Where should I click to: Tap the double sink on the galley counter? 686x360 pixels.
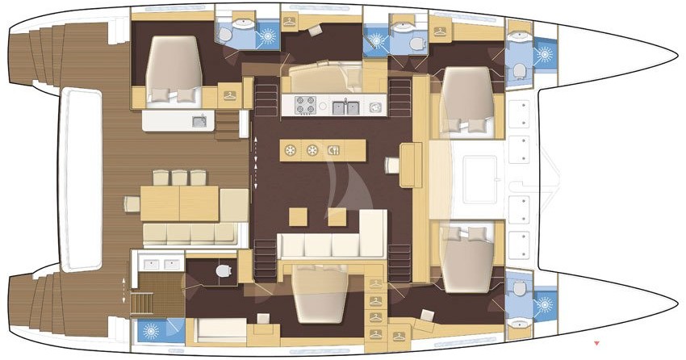[x=346, y=106]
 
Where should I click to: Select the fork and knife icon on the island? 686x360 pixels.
[x=334, y=149]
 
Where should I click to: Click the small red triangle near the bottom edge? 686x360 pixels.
[x=596, y=344]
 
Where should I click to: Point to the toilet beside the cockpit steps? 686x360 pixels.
[x=224, y=272]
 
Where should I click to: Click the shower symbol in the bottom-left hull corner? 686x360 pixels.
[x=151, y=330]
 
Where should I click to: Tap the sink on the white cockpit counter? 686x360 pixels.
[x=198, y=122]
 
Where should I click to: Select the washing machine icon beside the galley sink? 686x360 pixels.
[x=374, y=107]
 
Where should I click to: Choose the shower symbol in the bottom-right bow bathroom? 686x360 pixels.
[x=545, y=303]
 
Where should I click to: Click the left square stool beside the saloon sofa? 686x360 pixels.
[x=298, y=216]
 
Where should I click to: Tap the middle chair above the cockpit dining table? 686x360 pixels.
[x=178, y=177]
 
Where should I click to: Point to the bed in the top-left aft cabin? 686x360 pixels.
[x=171, y=71]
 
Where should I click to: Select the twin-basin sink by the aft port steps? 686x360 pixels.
[x=158, y=264]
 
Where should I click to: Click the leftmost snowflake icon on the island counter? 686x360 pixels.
[x=290, y=149]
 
